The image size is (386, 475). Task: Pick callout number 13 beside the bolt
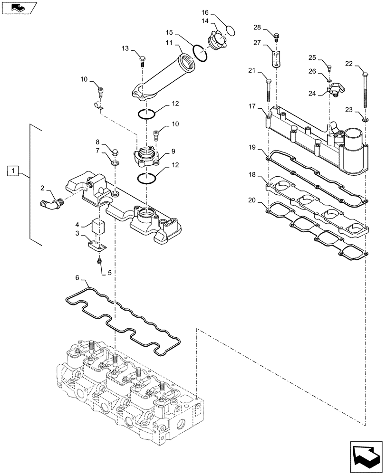[x=125, y=49]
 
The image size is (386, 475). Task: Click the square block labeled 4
[x=98, y=227]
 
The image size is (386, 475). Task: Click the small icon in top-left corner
[x=18, y=8]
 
